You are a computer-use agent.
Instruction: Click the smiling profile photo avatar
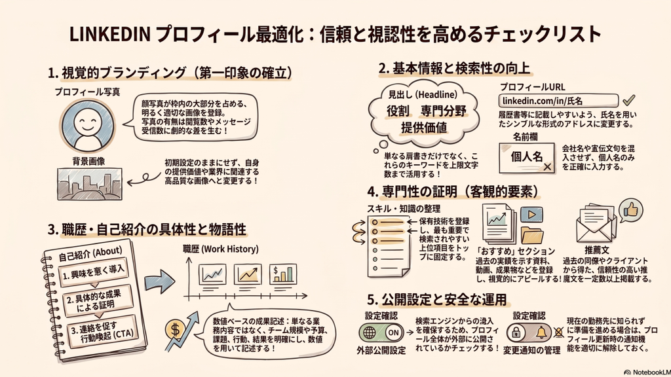click(87, 124)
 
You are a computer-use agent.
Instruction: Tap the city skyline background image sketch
click(90, 184)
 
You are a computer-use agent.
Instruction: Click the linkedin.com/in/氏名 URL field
click(558, 101)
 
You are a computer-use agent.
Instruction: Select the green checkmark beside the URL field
click(628, 100)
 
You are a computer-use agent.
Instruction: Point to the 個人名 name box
click(527, 158)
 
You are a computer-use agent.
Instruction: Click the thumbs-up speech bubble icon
click(631, 210)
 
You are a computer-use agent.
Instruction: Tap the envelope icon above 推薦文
click(596, 224)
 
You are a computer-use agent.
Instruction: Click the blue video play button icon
click(531, 214)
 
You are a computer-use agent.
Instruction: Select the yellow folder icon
click(532, 236)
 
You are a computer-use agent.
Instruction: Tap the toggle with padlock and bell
click(529, 332)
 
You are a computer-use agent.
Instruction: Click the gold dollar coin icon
click(175, 330)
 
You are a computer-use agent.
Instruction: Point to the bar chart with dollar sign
click(283, 275)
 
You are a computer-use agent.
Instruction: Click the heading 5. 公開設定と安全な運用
click(437, 299)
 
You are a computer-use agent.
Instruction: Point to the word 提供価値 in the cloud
click(424, 128)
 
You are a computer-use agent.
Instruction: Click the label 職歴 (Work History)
click(220, 249)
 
